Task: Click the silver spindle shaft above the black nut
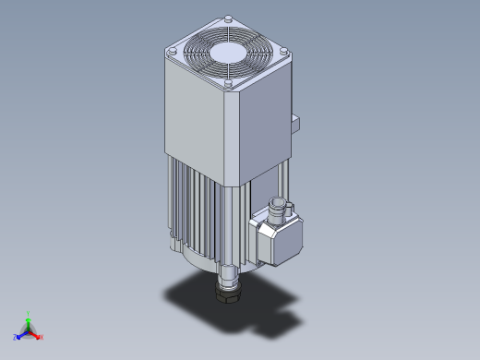226,277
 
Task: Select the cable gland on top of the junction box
279,207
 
